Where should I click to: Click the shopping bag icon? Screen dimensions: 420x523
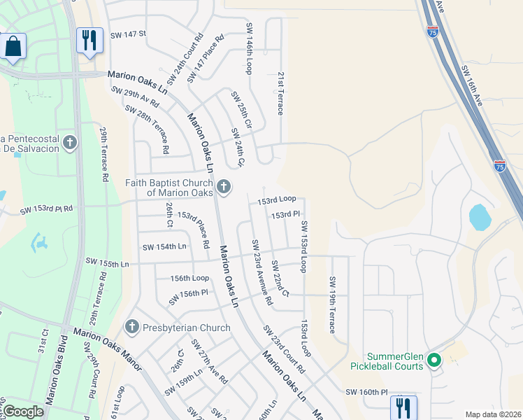[x=13, y=47]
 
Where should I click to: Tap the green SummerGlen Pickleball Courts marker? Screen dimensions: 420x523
[x=434, y=360]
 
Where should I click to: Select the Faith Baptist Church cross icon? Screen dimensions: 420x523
[x=223, y=186]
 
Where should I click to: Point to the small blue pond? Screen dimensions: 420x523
[x=480, y=217]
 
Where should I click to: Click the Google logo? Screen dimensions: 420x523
[x=23, y=412]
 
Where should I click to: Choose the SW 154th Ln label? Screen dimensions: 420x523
[x=164, y=247]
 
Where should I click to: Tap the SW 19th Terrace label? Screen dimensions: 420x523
[x=332, y=304]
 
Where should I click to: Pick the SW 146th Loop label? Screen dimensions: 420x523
[x=248, y=48]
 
